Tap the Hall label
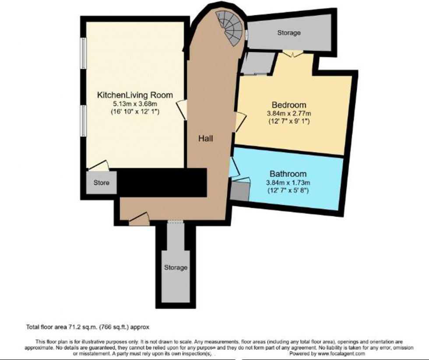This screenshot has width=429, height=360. tap(205, 139)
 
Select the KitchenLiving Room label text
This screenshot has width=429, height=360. tap(135, 95)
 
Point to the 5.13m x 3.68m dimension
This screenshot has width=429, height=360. tap(135, 104)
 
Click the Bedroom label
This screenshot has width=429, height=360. tap(289, 105)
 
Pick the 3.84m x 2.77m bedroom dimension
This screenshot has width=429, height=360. tap(289, 114)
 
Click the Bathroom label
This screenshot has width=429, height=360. tap(288, 174)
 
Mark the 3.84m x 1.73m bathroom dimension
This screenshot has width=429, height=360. tap(288, 182)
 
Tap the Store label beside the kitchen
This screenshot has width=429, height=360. tap(101, 182)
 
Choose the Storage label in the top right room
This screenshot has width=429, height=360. tap(289, 33)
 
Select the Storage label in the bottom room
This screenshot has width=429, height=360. tap(176, 267)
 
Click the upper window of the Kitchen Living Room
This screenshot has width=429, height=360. tap(82, 53)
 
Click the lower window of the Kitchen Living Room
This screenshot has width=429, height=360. tap(82, 120)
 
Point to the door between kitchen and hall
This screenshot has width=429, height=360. tap(182, 109)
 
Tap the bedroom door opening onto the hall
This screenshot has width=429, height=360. tap(239, 122)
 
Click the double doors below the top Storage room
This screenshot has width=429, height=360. tap(292, 53)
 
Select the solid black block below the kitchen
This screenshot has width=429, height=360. tap(162, 182)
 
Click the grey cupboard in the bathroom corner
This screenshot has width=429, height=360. tap(239, 192)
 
